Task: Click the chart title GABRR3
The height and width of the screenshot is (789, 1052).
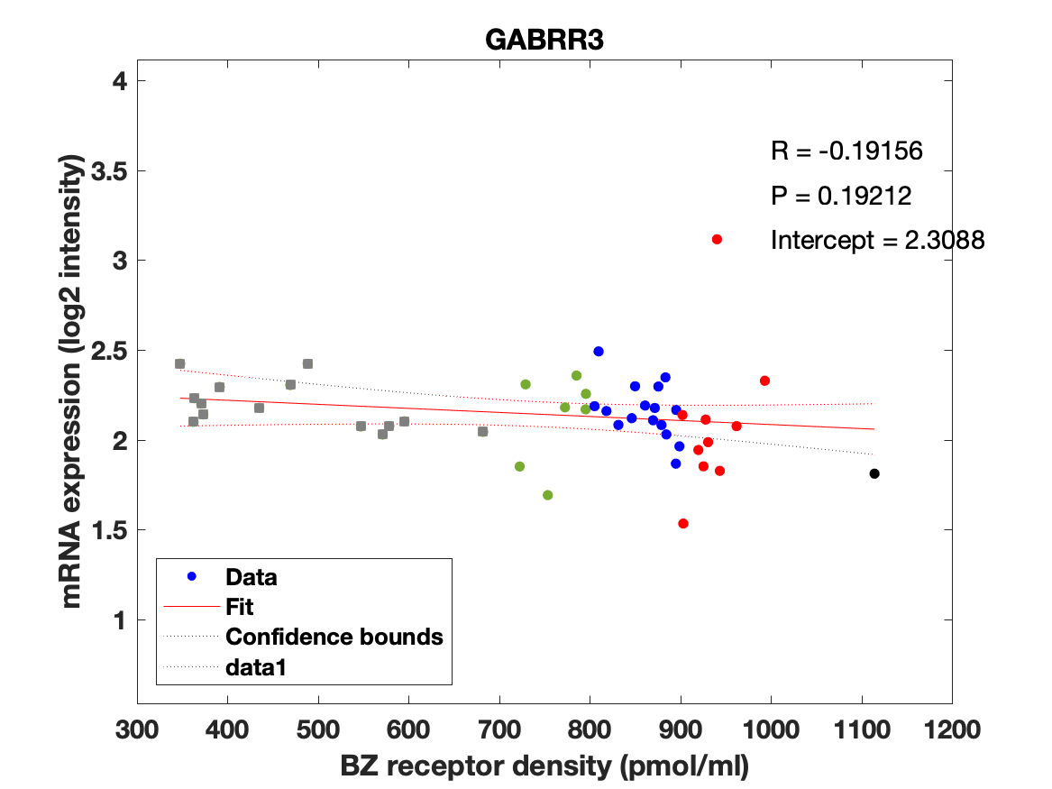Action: click(544, 41)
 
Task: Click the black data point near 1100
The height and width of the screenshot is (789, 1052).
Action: click(874, 473)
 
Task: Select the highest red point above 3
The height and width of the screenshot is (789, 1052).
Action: click(717, 239)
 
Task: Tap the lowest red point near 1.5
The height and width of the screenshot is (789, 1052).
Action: click(683, 523)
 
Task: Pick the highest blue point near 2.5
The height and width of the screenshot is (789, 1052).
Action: click(599, 351)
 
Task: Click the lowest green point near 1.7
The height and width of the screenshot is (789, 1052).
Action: click(547, 495)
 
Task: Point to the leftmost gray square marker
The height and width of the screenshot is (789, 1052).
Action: click(179, 363)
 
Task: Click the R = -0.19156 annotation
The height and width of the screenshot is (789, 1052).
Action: click(846, 151)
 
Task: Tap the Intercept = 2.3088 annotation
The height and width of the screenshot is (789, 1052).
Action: click(876, 241)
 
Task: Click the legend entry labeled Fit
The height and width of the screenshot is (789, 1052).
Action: click(240, 607)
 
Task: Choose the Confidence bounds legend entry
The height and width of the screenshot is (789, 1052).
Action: click(334, 637)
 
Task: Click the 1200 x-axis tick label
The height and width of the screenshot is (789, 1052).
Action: click(951, 729)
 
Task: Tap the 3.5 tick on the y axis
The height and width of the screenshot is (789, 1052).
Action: click(106, 171)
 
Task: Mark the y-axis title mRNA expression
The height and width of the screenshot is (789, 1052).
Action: click(75, 381)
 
